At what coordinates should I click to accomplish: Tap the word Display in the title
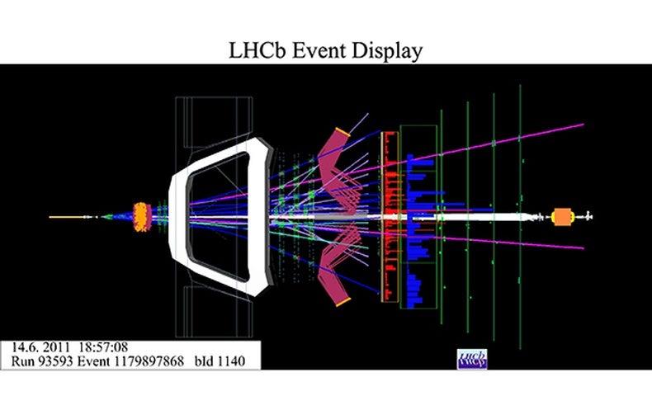point(390,51)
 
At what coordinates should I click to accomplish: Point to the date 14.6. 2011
point(38,346)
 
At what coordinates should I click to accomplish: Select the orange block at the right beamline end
point(564,216)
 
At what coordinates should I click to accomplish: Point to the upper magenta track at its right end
point(582,125)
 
